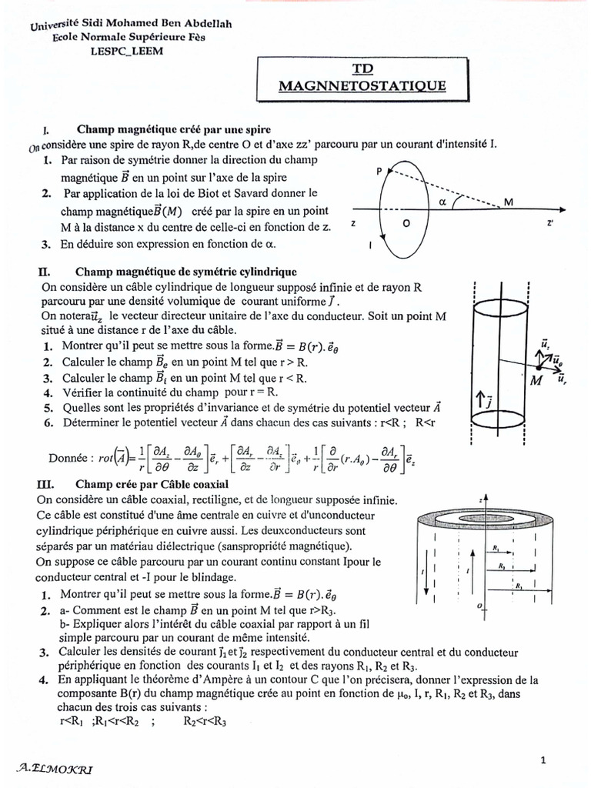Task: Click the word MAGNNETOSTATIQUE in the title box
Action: click(x=362, y=86)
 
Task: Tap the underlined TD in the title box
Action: click(x=362, y=69)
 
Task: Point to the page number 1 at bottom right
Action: click(x=543, y=760)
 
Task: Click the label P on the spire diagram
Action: click(x=379, y=172)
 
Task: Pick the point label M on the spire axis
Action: click(x=508, y=202)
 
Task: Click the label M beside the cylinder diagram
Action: click(x=536, y=379)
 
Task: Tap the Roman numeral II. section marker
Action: click(x=44, y=272)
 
